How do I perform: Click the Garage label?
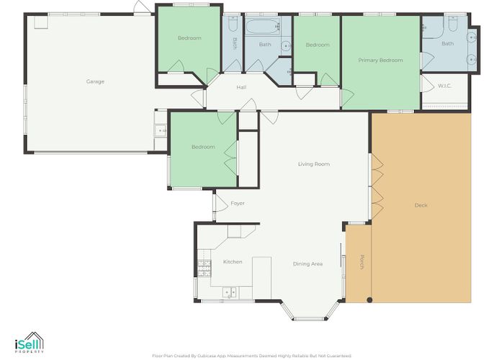95,81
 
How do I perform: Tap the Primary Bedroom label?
381,60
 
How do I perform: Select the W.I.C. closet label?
444,86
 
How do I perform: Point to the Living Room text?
313,164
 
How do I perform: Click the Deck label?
420,205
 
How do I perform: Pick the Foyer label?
238,203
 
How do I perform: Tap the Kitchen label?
232,261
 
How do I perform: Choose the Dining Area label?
307,264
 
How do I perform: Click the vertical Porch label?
361,262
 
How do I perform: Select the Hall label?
242,88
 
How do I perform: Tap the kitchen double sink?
230,292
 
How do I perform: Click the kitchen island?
261,271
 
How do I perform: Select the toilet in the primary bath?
451,24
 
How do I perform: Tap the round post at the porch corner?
369,300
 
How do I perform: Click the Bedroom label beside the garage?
189,38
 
